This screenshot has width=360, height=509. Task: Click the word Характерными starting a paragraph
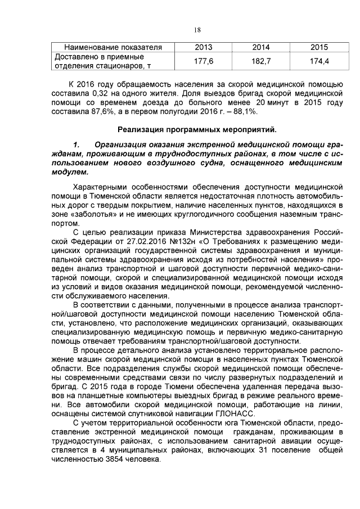pyautogui.click(x=102, y=186)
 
